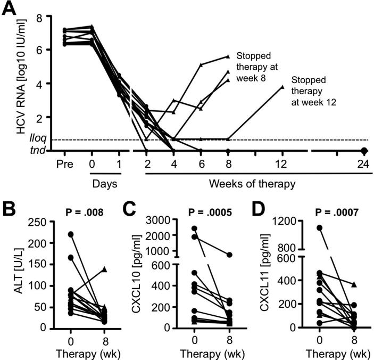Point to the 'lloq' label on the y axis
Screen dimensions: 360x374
pyautogui.click(x=38, y=140)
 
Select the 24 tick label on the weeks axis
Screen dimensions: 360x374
pyautogui.click(x=364, y=165)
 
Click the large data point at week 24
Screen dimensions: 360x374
pyautogui.click(x=364, y=151)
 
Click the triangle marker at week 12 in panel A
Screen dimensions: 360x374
pyautogui.click(x=283, y=86)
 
